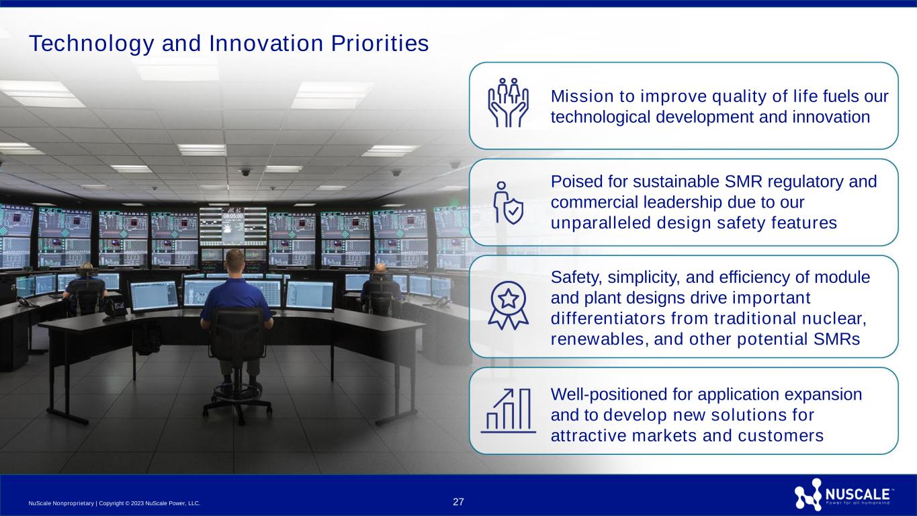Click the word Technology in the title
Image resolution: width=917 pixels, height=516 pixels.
[x=91, y=44]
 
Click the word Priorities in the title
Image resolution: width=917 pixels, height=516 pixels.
[x=380, y=43]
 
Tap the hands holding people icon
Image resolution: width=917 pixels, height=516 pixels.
[x=508, y=102]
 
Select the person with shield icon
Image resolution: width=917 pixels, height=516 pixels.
[x=508, y=203]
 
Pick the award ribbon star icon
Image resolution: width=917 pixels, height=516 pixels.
[x=508, y=305]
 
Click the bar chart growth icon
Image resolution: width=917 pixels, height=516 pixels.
[x=508, y=411]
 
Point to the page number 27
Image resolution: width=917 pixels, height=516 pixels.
[x=458, y=502]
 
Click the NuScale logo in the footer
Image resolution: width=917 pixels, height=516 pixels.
[x=844, y=494]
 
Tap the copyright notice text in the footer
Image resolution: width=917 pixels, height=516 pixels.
[x=114, y=503]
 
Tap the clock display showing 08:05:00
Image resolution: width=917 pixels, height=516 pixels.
[x=232, y=216]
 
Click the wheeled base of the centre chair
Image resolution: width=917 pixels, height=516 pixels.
[x=237, y=403]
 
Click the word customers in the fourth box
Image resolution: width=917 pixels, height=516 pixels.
[x=781, y=436]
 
